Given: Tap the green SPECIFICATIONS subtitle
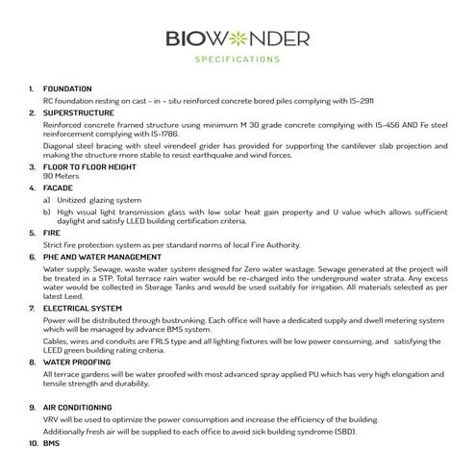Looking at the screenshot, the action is tap(238, 60).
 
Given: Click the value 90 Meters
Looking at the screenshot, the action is tap(62, 176).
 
